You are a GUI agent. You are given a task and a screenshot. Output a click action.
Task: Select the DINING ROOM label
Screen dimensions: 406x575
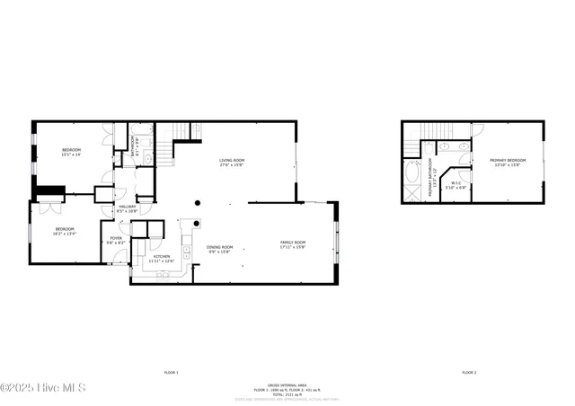click(220, 249)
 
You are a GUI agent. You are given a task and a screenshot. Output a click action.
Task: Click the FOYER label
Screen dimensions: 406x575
click(116, 240)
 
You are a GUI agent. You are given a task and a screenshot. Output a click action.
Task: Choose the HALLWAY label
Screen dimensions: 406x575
click(128, 208)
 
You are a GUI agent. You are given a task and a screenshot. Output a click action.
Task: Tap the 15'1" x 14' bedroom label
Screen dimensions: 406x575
click(71, 152)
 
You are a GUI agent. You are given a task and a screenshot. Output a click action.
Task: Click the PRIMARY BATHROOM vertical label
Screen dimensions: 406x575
click(430, 178)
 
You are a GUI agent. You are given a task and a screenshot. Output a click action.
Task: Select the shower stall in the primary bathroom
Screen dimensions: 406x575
click(412, 192)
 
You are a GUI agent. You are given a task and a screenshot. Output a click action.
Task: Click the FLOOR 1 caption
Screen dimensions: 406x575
click(171, 372)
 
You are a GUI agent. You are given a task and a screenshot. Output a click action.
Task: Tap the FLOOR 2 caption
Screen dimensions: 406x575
click(469, 372)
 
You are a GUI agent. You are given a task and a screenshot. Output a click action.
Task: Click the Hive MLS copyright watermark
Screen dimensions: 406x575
click(43, 388)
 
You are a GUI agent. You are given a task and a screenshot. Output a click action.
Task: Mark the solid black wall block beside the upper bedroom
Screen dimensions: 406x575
click(49, 190)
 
